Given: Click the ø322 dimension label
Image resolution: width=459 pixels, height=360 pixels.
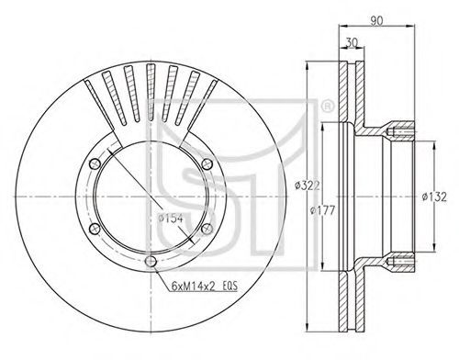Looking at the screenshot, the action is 308,186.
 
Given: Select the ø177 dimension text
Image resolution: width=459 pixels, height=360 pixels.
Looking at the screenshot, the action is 322,210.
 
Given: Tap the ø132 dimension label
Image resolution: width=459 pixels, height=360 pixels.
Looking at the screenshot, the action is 434,197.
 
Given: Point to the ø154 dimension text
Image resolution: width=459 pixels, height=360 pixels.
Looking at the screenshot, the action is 171,219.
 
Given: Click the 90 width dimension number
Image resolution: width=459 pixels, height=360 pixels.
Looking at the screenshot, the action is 376,20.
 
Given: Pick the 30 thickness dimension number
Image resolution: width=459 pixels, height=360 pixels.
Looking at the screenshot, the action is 352,42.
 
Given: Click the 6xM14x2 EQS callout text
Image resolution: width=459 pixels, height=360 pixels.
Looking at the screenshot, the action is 205,287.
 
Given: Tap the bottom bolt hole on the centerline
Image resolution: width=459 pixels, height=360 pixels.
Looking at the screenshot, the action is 151,262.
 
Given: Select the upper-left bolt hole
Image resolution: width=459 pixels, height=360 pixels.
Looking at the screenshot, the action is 95,163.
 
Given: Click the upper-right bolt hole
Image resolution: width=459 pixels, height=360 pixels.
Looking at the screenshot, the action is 207,163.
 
